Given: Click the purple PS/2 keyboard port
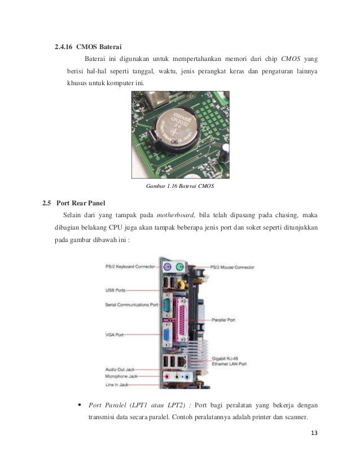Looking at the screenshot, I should click(167, 267).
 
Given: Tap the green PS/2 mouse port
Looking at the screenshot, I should click(179, 267).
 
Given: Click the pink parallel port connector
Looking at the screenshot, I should click(183, 319).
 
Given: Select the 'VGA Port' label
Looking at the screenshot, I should click(115, 334).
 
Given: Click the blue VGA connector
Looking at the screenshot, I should click(168, 338).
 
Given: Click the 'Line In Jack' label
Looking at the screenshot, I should click(117, 384).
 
